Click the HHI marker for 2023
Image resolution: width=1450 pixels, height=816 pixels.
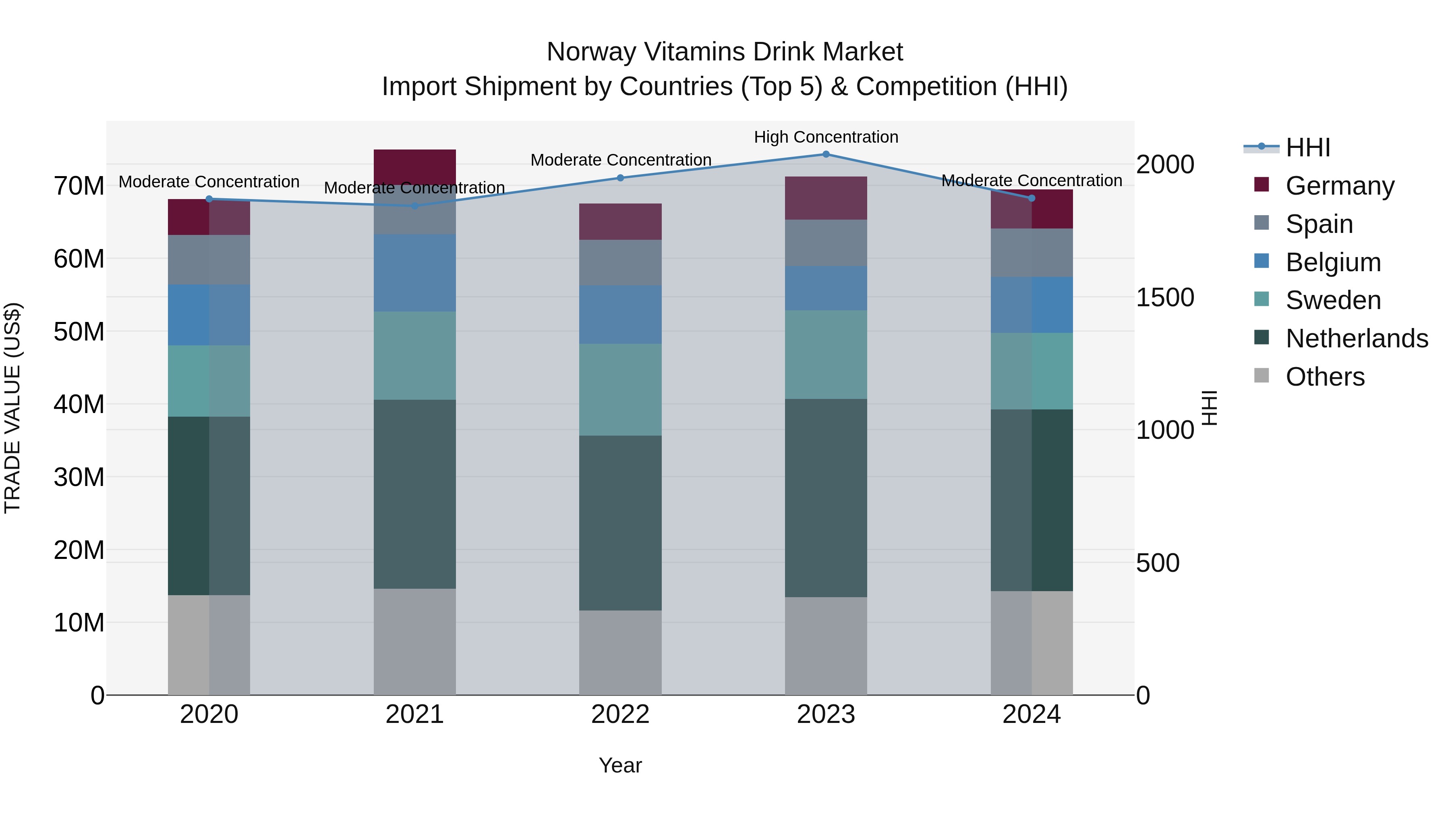tap(826, 154)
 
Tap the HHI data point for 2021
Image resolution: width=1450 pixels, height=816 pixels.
tap(415, 206)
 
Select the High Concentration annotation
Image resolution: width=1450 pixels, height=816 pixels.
tap(826, 137)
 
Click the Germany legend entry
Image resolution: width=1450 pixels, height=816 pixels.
tap(1340, 186)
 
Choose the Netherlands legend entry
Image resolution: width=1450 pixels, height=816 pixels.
tap(1357, 338)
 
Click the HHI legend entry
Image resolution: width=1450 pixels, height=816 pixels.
tap(1307, 147)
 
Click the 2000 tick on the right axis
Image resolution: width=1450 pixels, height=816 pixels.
tap(1164, 164)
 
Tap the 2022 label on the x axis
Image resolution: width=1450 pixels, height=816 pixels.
tap(620, 714)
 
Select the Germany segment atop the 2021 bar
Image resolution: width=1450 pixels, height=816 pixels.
tap(415, 167)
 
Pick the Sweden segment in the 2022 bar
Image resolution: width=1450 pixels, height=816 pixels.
tap(620, 390)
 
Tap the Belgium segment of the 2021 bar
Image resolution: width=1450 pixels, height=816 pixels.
tap(415, 272)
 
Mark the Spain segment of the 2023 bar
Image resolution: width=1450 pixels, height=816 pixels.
tap(826, 243)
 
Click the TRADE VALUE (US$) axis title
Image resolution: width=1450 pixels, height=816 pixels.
tap(12, 408)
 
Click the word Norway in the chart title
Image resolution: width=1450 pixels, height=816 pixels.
tap(591, 52)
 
